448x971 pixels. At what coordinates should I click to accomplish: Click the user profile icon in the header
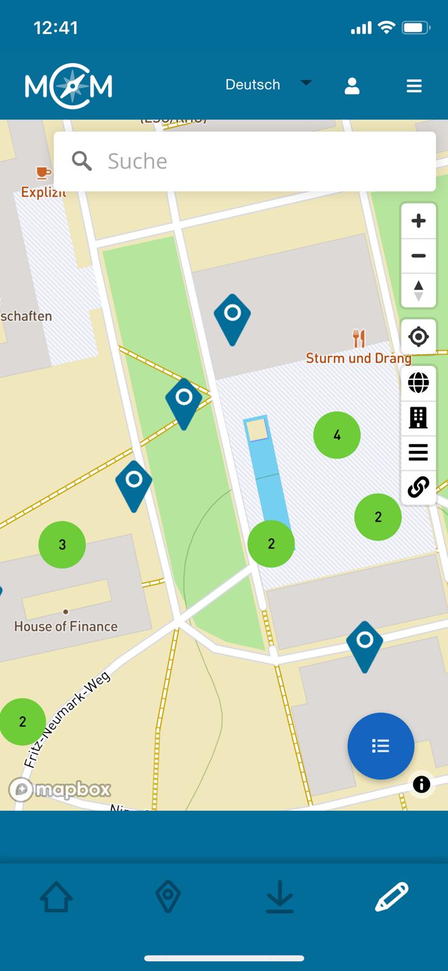[352, 86]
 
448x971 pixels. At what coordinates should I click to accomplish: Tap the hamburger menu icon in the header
[414, 86]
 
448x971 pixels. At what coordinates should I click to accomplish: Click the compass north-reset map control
[418, 290]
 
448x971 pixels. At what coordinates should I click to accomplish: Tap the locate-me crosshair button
[418, 336]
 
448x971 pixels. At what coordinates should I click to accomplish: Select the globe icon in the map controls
[418, 383]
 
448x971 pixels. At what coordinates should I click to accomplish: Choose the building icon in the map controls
[418, 418]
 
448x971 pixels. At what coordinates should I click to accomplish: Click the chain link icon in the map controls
[418, 487]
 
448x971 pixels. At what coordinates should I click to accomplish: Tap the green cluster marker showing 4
[337, 435]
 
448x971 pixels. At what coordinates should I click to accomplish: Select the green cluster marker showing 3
[62, 544]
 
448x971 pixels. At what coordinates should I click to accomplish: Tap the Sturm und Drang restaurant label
[358, 357]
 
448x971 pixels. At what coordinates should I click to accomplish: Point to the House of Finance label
[65, 626]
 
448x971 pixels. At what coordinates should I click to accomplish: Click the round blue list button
[381, 746]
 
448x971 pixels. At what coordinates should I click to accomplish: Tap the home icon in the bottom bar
[56, 896]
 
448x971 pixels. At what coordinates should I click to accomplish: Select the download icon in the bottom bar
[280, 896]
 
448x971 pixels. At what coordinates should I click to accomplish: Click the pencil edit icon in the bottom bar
[392, 896]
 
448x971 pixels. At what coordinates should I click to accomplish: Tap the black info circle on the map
[421, 784]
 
